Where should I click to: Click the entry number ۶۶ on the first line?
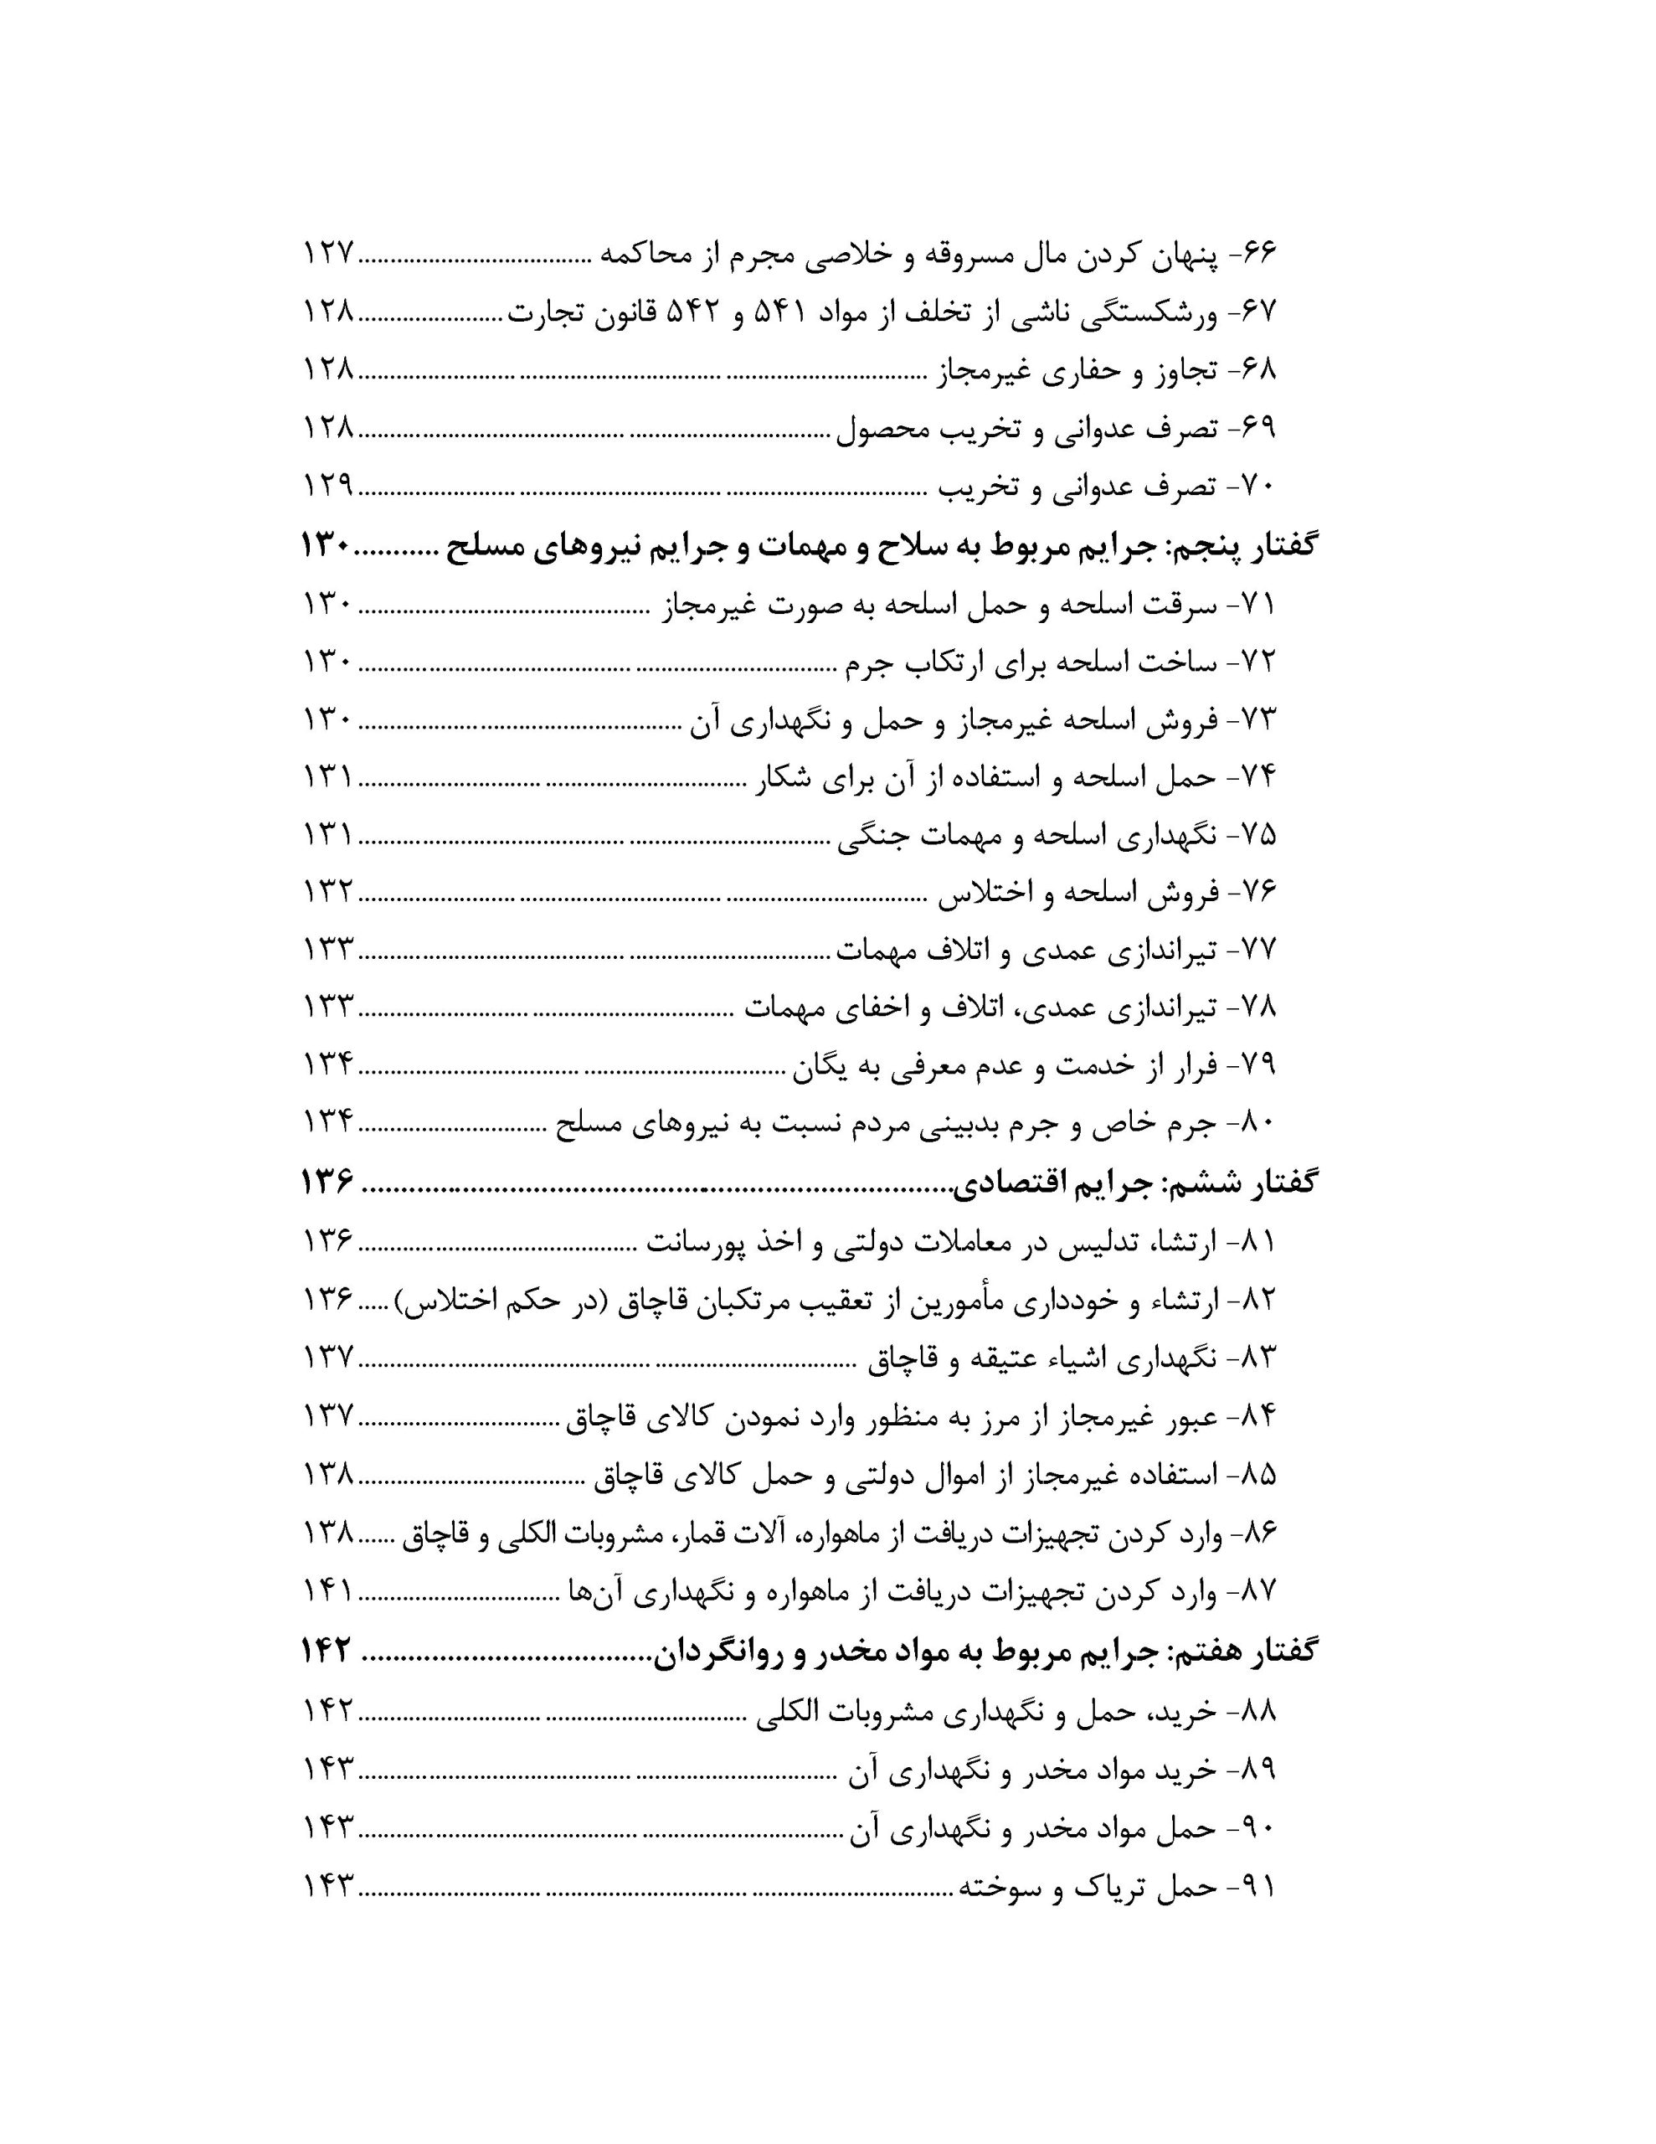1257,257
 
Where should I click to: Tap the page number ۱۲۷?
327,257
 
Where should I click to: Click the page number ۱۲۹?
327,487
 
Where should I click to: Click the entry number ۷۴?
1257,777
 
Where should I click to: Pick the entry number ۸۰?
1257,1123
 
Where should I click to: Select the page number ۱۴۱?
327,1590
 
